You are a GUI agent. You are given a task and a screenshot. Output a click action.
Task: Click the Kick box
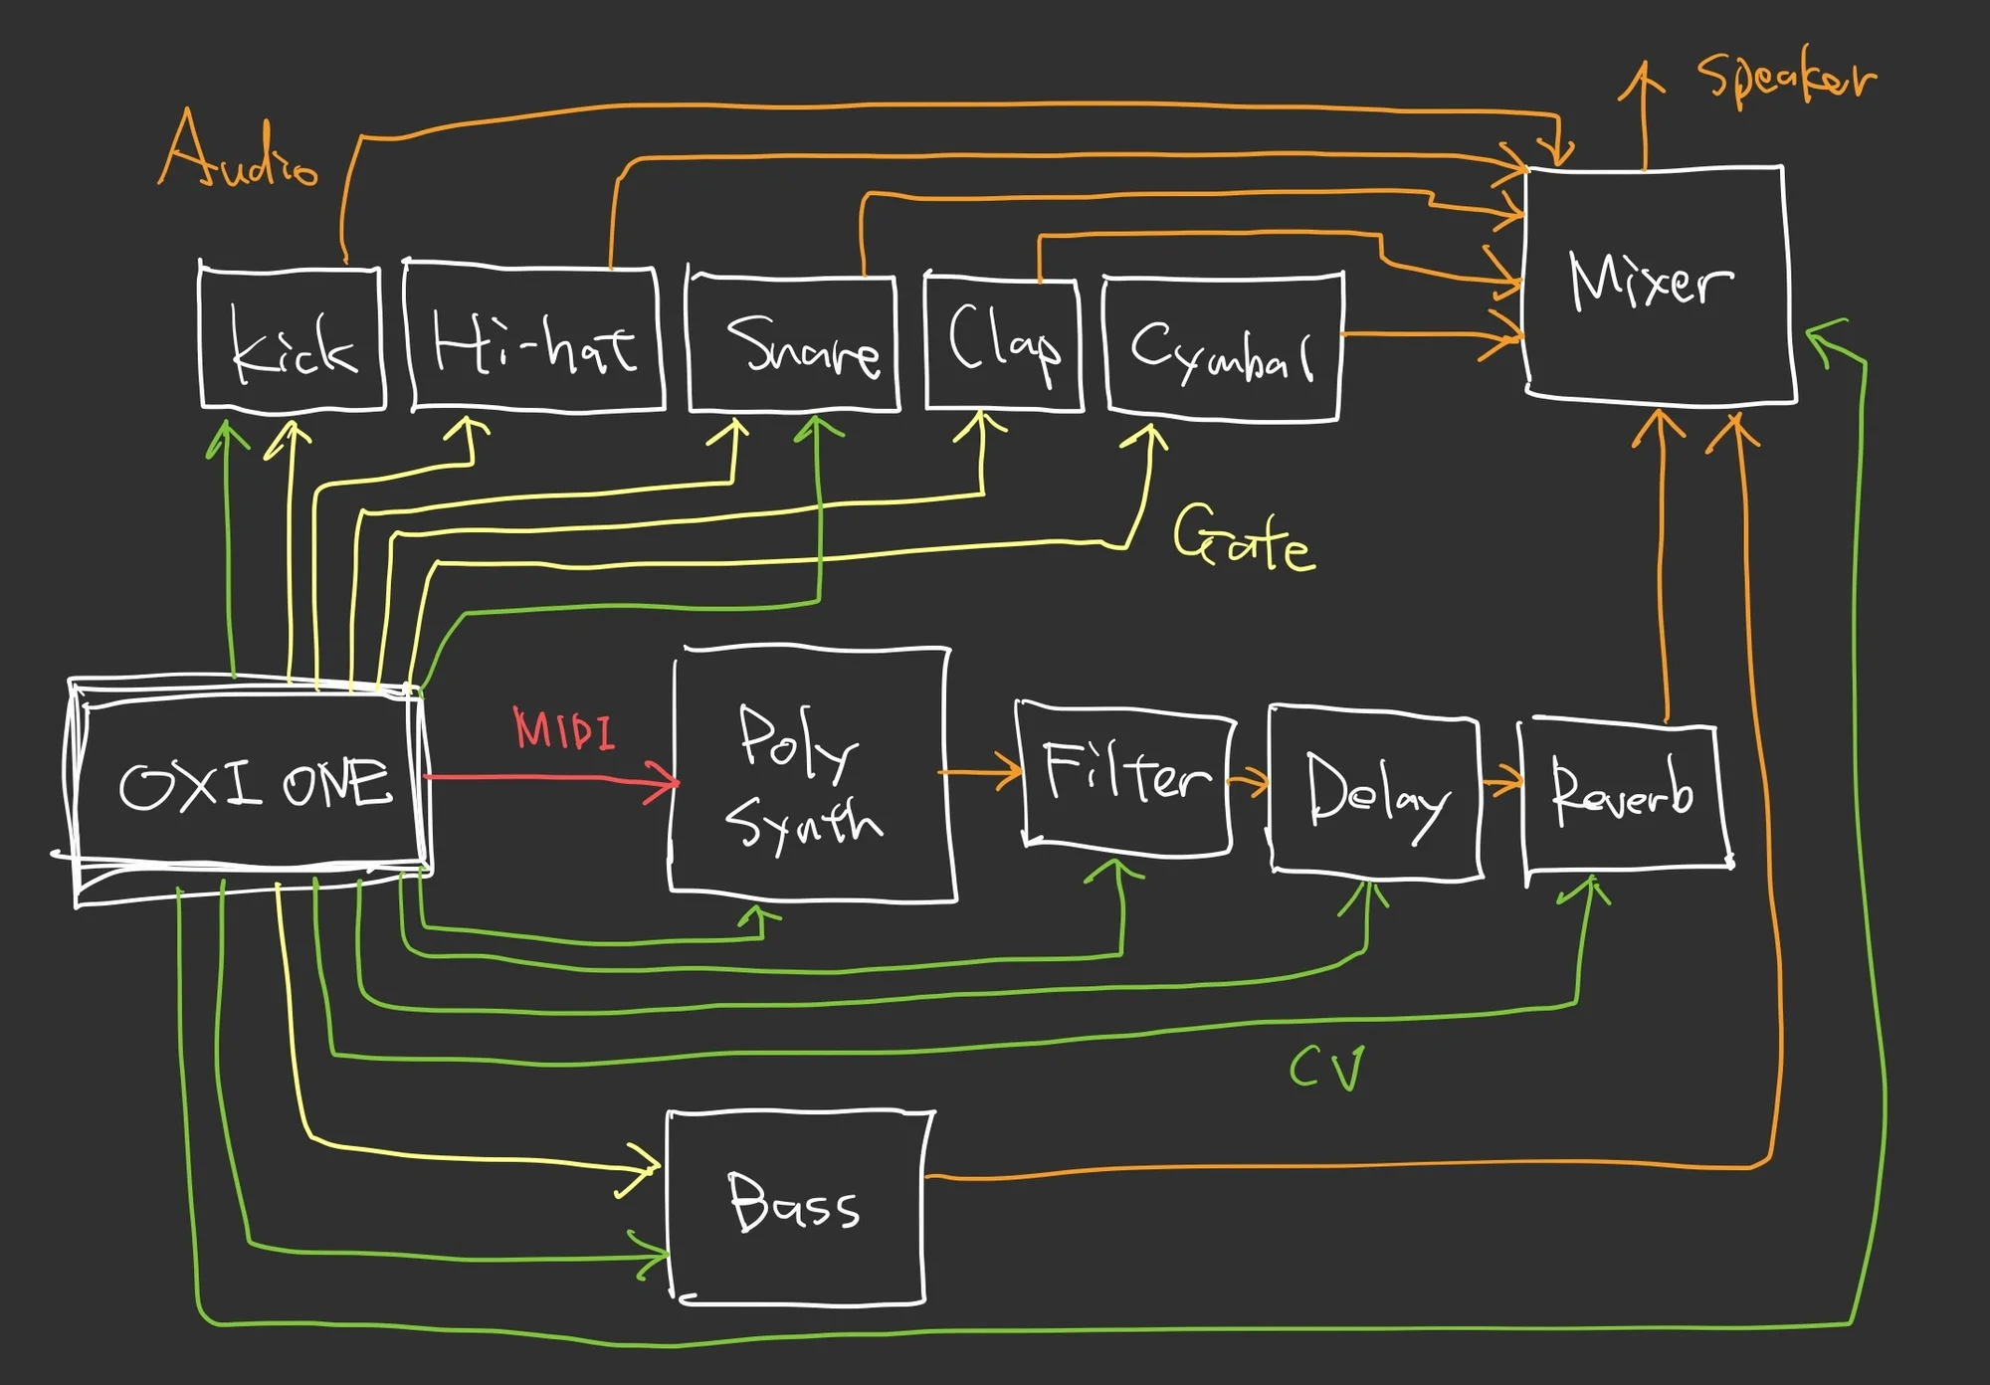click(292, 338)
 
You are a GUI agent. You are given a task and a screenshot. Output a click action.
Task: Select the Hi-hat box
click(535, 338)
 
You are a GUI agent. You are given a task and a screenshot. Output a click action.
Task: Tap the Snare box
click(794, 343)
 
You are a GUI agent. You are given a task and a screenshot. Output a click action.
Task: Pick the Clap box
click(1003, 343)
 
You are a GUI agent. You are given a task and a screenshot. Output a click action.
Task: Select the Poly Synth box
click(811, 776)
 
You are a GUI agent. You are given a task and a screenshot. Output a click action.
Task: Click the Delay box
click(1375, 791)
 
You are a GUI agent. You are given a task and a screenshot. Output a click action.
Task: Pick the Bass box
click(796, 1204)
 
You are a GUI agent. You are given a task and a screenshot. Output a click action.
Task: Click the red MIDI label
click(564, 729)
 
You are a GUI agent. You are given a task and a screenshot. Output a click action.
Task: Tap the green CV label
click(1326, 1070)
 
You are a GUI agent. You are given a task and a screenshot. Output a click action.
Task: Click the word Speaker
click(1786, 78)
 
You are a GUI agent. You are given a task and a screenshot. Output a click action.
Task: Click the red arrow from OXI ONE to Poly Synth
click(547, 777)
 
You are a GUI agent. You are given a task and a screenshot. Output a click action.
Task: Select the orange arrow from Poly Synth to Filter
click(980, 771)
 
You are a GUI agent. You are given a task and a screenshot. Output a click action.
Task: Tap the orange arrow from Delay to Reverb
click(1502, 782)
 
